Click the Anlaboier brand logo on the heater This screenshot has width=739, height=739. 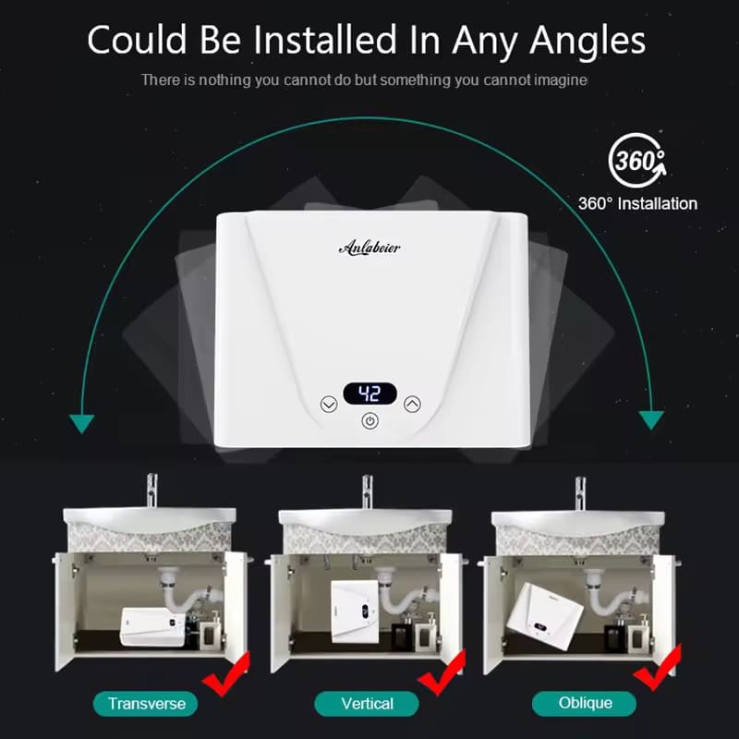click(x=370, y=247)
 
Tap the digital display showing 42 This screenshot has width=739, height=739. click(x=370, y=394)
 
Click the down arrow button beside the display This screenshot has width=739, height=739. click(x=329, y=405)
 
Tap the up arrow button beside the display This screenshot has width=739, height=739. click(x=412, y=404)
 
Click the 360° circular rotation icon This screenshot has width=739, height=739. click(x=637, y=160)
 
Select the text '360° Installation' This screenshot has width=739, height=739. click(x=637, y=203)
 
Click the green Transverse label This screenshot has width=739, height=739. click(x=146, y=704)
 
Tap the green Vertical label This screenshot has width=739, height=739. click(x=367, y=704)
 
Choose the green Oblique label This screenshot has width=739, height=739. click(x=585, y=703)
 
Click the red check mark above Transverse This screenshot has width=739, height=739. click(x=226, y=674)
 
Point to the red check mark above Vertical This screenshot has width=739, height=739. click(x=442, y=672)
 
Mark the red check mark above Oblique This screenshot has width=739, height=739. click(x=658, y=668)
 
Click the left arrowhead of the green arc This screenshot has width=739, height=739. click(x=81, y=423)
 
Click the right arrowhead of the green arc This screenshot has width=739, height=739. click(x=651, y=419)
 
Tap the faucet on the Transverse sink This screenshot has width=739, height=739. click(x=151, y=491)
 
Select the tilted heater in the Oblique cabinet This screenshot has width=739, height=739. click(x=545, y=617)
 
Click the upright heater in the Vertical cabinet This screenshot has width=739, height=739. click(x=355, y=612)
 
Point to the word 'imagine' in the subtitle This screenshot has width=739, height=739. click(x=561, y=80)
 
